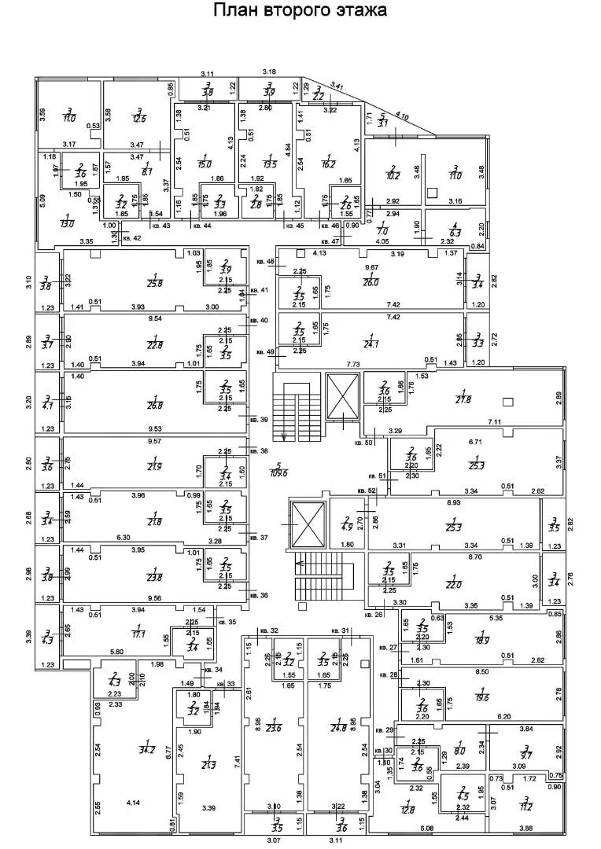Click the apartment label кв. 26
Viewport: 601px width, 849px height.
[374, 614]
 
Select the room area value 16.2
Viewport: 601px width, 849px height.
[329, 165]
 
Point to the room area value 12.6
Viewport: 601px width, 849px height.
[140, 119]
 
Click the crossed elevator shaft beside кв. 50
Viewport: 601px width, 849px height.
[342, 398]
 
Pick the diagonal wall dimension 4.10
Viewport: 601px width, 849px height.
[403, 116]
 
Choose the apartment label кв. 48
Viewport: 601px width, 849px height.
[266, 261]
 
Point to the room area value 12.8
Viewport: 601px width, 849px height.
[407, 806]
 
